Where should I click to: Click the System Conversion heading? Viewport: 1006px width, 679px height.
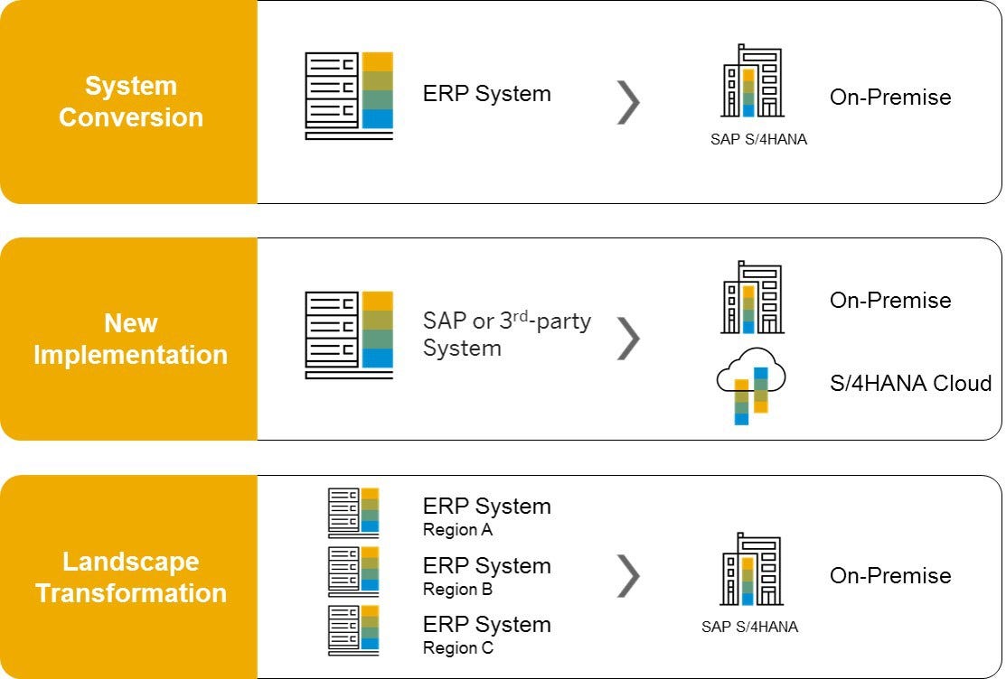[x=130, y=102]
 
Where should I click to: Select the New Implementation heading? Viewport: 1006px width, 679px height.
[x=130, y=339]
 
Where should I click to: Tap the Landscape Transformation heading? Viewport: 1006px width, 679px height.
[x=130, y=577]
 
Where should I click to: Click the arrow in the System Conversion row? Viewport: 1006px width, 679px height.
[x=627, y=101]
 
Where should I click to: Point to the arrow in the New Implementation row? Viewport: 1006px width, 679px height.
[x=627, y=338]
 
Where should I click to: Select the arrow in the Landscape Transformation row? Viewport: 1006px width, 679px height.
[x=627, y=575]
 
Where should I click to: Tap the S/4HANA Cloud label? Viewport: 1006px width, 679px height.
[x=910, y=383]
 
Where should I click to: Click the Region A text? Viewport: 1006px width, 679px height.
[x=457, y=530]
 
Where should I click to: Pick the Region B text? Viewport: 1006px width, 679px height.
[x=457, y=590]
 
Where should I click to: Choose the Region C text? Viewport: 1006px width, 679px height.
[x=457, y=648]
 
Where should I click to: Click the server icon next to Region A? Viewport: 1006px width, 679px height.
[x=353, y=513]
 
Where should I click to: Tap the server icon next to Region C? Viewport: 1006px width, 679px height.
[x=353, y=630]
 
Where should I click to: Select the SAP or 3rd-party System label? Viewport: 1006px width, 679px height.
[x=506, y=335]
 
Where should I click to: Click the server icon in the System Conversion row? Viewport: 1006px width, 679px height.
[x=349, y=96]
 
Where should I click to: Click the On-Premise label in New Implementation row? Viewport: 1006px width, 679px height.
[x=890, y=300]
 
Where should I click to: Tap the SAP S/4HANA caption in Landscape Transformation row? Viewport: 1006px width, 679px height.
[x=749, y=627]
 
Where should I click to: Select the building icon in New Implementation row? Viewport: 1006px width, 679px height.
[x=751, y=298]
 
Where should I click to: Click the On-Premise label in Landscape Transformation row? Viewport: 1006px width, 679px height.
[x=890, y=575]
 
